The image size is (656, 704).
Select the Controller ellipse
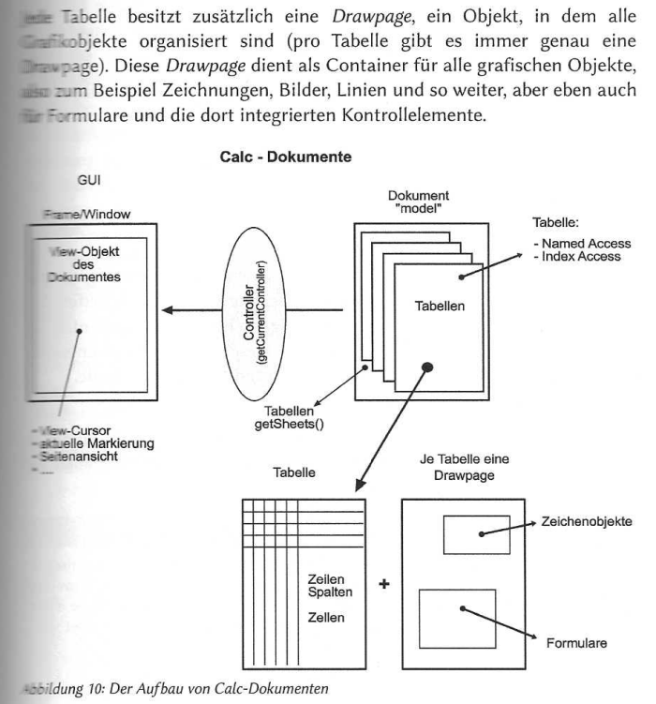coord(265,308)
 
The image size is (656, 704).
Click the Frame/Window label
coord(85,215)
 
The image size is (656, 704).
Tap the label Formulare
coord(577,644)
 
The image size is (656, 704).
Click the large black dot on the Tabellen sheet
coord(427,367)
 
